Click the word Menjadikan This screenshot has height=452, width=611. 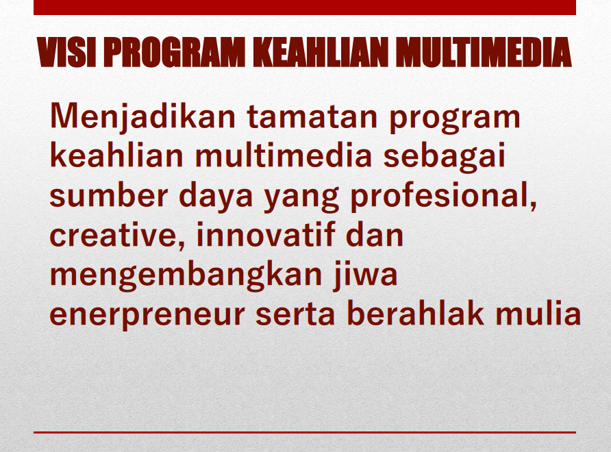[142, 117]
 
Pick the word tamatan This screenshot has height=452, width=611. [312, 116]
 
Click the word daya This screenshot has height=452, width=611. [216, 196]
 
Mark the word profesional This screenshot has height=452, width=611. [443, 196]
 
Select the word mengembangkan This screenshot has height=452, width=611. [186, 275]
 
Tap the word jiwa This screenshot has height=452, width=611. [365, 275]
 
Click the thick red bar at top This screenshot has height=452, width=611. [305, 8]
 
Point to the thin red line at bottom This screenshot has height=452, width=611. [305, 432]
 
